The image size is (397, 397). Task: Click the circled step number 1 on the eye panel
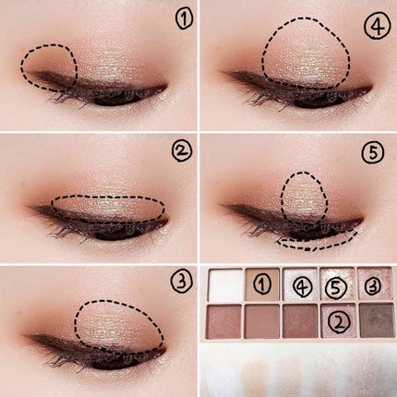point(185,19)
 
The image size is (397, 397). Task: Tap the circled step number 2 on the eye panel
point(182,151)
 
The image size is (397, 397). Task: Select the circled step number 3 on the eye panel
point(182,282)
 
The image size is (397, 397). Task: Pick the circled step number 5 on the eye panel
point(373,152)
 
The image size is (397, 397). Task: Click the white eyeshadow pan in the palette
point(225,284)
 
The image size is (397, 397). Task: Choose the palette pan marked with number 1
point(263,284)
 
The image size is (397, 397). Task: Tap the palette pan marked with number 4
point(300,284)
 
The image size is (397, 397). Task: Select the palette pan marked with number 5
point(337,284)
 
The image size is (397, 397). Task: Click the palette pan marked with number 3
point(375,283)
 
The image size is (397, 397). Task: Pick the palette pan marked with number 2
point(338,320)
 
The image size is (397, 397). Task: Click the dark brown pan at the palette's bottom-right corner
point(377,320)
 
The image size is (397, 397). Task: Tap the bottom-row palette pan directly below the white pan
point(224,322)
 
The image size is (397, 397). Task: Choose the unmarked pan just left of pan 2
point(300,321)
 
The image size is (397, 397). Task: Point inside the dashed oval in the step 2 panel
point(108,208)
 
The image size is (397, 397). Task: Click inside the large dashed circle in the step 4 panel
point(306,53)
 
